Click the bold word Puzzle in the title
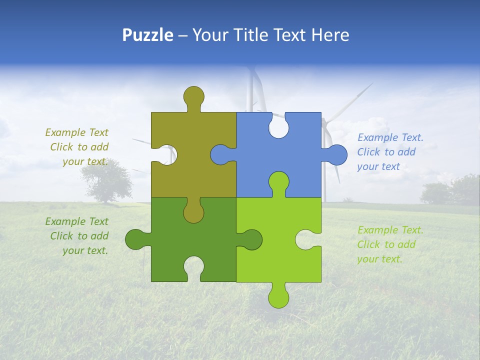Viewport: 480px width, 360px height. click(x=148, y=35)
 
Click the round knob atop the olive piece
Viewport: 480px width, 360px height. click(x=193, y=96)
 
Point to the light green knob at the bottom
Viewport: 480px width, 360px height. click(x=278, y=297)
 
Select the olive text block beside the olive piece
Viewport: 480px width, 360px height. click(x=78, y=147)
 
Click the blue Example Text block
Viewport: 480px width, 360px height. click(x=390, y=152)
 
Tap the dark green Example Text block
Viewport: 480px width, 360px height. click(x=78, y=236)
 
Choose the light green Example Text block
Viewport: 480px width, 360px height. click(x=390, y=244)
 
